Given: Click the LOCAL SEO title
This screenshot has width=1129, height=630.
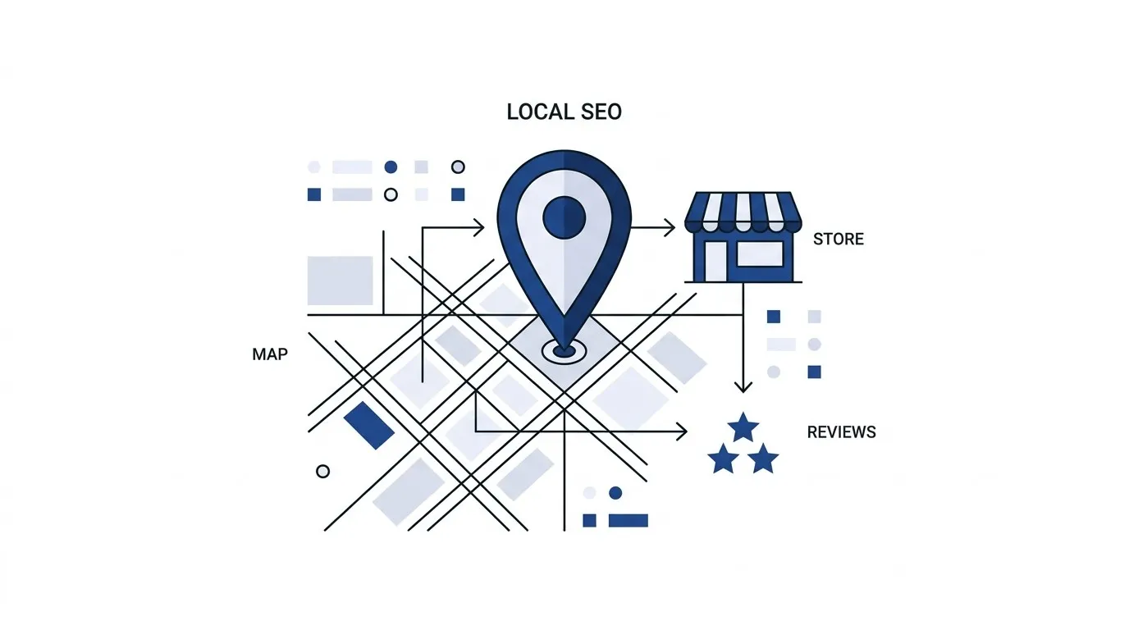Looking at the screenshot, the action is click(564, 112).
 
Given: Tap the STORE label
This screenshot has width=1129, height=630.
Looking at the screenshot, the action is click(839, 239).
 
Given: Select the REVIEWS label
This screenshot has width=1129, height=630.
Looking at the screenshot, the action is click(841, 432).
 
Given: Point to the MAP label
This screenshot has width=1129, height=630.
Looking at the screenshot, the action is click(270, 354).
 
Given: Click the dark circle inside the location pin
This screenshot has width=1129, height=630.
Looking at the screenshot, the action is click(564, 217).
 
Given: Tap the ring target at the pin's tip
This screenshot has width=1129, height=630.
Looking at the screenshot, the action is click(564, 350).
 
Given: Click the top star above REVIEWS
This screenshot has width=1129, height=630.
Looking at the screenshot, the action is click(743, 427).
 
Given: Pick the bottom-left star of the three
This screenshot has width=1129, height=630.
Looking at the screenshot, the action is click(724, 458).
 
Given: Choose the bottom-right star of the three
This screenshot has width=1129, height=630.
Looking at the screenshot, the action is click(763, 458).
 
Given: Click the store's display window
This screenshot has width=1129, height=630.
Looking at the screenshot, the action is click(760, 254).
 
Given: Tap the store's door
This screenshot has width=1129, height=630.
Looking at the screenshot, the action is click(715, 261).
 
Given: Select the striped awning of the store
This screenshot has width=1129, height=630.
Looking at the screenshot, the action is click(743, 212).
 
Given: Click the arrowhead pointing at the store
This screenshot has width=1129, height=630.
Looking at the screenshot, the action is click(670, 228).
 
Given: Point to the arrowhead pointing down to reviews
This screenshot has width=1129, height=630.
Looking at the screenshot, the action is click(743, 387).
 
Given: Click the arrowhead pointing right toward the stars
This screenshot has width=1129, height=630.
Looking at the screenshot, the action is click(682, 431).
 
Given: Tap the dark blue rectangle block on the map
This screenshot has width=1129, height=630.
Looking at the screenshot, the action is click(369, 426).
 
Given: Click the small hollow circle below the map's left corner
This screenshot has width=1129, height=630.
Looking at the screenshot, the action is click(322, 471).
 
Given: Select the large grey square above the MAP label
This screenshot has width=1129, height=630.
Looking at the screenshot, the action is click(341, 281).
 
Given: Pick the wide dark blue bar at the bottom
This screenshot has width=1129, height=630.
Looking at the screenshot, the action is click(628, 520).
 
